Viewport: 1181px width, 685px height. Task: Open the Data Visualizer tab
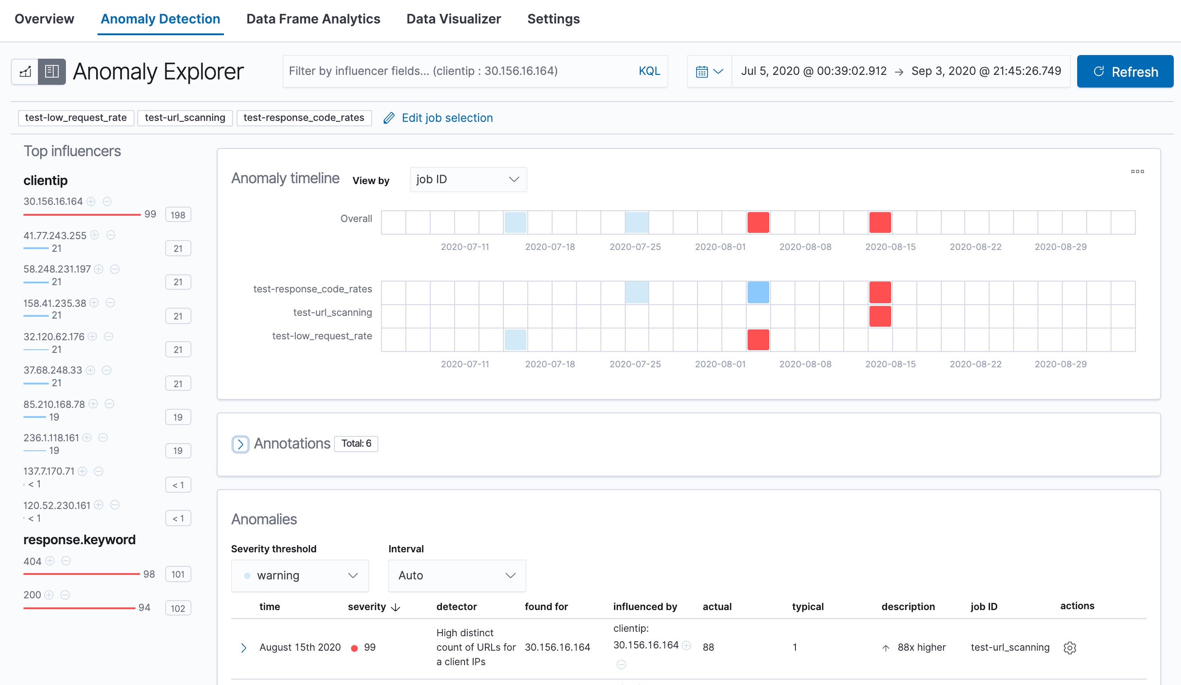(x=453, y=19)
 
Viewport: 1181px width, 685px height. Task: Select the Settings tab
(x=553, y=19)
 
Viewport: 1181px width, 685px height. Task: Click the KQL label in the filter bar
(x=649, y=71)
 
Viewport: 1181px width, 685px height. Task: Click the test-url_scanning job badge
(x=185, y=118)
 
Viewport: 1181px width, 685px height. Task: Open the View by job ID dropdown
(x=468, y=180)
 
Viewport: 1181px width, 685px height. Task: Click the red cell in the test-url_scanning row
(x=880, y=316)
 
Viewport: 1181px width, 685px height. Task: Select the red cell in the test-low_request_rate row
(x=758, y=340)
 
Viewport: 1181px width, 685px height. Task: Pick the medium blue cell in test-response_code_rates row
(x=758, y=293)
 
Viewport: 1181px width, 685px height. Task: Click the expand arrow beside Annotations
(x=241, y=444)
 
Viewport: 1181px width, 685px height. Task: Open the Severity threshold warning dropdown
(x=300, y=575)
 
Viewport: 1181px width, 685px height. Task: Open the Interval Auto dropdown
(x=456, y=575)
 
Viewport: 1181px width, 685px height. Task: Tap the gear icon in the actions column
(x=1069, y=648)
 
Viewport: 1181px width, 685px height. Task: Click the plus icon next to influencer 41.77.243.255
(x=95, y=235)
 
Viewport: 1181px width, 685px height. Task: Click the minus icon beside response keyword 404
(x=66, y=561)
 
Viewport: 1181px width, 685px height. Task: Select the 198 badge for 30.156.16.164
(x=177, y=215)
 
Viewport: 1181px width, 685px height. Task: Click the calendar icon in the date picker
(x=702, y=72)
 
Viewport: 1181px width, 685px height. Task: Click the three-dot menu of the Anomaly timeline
(x=1137, y=171)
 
